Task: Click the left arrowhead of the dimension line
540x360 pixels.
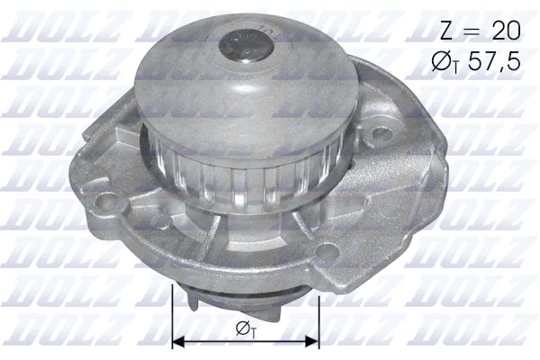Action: [176, 341]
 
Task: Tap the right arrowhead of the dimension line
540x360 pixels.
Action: [314, 341]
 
